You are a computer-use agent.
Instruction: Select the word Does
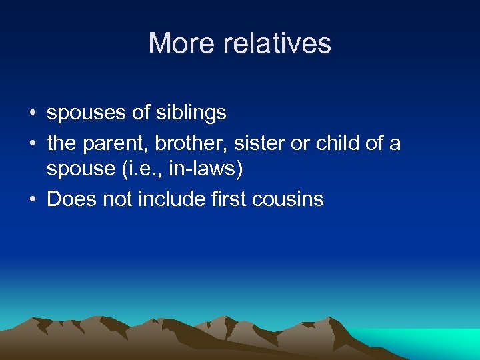pos(70,199)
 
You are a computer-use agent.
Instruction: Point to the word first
pos(229,199)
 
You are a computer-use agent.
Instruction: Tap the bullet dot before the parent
pos(32,143)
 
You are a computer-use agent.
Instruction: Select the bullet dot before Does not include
pos(32,199)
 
